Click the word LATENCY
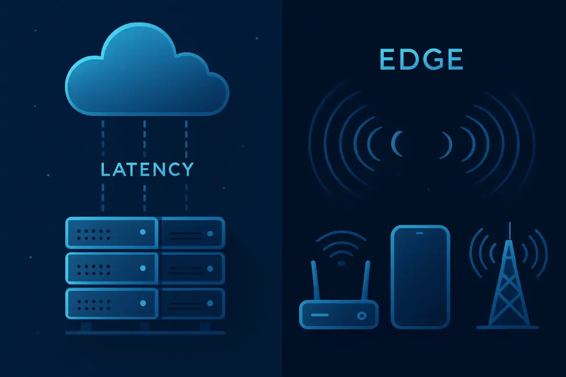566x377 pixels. (x=148, y=169)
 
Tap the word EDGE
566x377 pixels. (x=421, y=60)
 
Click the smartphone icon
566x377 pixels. (x=420, y=276)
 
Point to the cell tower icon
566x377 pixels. (x=508, y=282)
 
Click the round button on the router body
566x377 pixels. (x=362, y=316)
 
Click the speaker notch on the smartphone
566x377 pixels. (x=420, y=233)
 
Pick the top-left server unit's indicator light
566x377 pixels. (x=143, y=232)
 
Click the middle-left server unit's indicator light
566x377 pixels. (x=143, y=268)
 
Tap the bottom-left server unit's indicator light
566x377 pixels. (x=143, y=303)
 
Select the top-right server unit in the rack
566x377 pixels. (x=192, y=232)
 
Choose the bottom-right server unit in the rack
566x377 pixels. (x=192, y=303)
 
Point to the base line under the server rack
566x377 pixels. (x=145, y=333)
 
